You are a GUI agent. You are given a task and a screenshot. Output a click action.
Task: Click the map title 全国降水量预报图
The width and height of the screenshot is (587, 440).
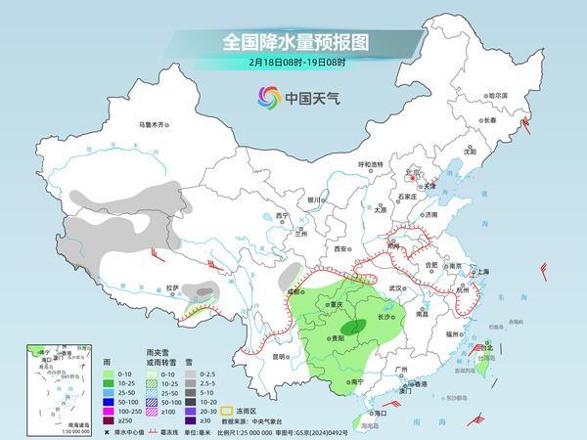(293, 42)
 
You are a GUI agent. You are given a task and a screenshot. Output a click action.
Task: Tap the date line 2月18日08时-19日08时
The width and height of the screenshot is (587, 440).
(293, 66)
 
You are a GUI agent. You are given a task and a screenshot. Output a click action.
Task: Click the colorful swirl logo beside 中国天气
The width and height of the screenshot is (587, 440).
(268, 97)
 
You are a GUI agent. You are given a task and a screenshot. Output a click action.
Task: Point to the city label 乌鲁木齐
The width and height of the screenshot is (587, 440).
(154, 124)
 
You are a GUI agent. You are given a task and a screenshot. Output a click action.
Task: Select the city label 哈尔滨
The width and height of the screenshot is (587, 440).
(498, 96)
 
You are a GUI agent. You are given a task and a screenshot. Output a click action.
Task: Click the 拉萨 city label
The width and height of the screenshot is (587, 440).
(172, 287)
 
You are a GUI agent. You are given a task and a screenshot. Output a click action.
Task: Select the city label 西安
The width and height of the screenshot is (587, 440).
(340, 249)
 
